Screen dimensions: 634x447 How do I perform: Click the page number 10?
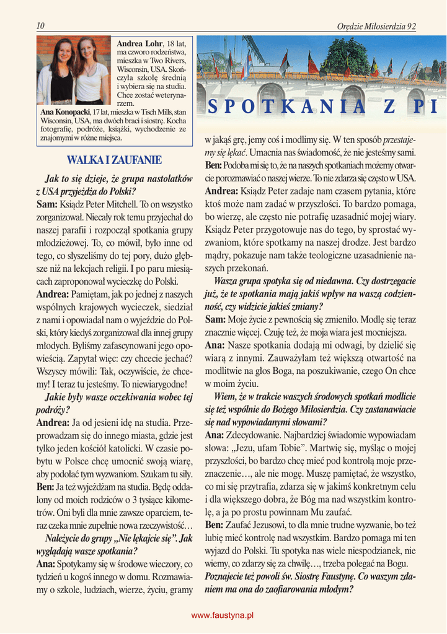click(x=40, y=26)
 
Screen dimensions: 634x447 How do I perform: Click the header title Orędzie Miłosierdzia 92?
click(x=376, y=27)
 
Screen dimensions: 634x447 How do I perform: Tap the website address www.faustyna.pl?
click(x=223, y=615)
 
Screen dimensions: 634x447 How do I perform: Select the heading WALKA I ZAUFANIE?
click(x=114, y=160)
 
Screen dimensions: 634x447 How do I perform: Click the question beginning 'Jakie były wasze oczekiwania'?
click(x=114, y=403)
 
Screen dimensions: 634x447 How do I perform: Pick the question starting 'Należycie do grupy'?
click(x=114, y=544)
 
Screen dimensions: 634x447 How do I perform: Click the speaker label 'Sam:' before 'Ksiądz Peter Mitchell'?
click(x=46, y=204)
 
